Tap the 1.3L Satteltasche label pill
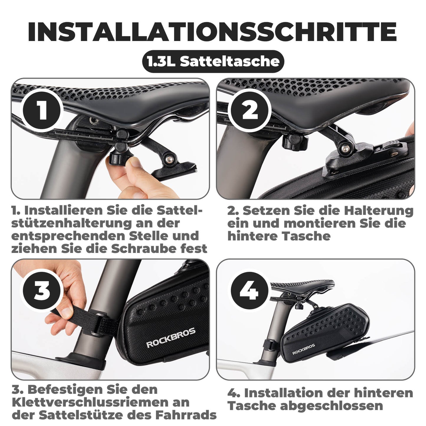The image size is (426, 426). coord(213,62)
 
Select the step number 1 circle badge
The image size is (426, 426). coord(42,111)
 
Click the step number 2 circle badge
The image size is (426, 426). coord(250,111)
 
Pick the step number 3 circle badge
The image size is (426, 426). coord(42,290)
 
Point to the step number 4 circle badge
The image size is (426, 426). coord(249,291)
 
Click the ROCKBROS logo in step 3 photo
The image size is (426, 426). coord(171,337)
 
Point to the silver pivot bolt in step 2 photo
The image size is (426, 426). coord(344,149)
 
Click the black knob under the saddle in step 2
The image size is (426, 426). coord(295,142)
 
